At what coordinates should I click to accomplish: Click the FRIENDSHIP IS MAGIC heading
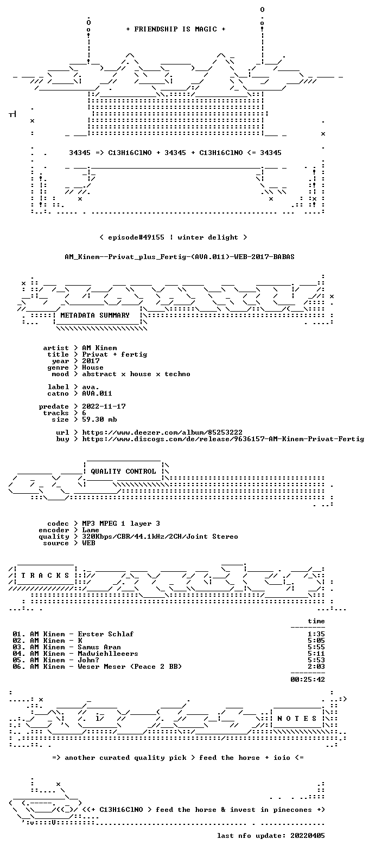click(176, 29)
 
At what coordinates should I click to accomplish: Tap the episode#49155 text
click(136, 237)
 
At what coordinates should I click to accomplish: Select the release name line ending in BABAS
click(180, 257)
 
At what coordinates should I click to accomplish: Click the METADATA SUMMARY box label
click(95, 315)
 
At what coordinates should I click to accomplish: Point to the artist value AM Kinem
click(99, 348)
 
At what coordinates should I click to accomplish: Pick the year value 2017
click(91, 361)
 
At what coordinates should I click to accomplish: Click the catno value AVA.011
click(97, 393)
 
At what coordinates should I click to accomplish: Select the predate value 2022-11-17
click(104, 406)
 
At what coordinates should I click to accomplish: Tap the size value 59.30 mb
click(99, 419)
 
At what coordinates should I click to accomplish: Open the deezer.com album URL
click(162, 433)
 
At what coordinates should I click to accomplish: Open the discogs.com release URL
click(223, 439)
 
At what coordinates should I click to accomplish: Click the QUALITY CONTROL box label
click(123, 472)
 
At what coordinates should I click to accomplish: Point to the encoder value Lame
click(91, 530)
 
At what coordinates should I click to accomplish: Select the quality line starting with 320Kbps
click(160, 537)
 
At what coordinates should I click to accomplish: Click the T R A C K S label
click(46, 576)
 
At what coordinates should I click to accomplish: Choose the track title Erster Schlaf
click(105, 634)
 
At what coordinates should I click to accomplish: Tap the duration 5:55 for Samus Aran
click(316, 647)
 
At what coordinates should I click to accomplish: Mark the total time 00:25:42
click(308, 680)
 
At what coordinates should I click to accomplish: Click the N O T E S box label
click(297, 719)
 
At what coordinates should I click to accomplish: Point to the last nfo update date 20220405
click(308, 836)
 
